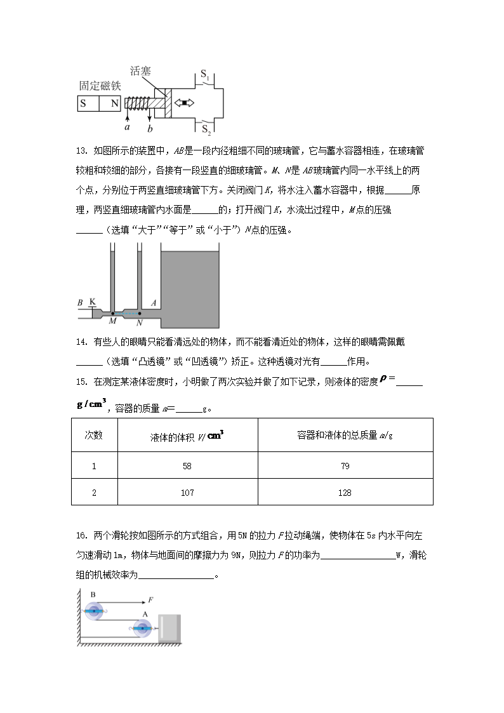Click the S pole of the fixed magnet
pyautogui.click(x=83, y=103)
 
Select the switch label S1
pyautogui.click(x=206, y=75)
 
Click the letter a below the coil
pyautogui.click(x=127, y=126)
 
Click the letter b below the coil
pyautogui.click(x=150, y=129)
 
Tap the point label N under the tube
pyautogui.click(x=139, y=323)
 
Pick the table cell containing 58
pyautogui.click(x=187, y=466)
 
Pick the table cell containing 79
pyautogui.click(x=345, y=466)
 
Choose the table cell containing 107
pyautogui.click(x=187, y=493)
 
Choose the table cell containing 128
pyautogui.click(x=345, y=493)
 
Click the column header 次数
pyautogui.click(x=94, y=435)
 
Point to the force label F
pyautogui.click(x=150, y=599)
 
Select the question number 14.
pyautogui.click(x=81, y=342)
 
